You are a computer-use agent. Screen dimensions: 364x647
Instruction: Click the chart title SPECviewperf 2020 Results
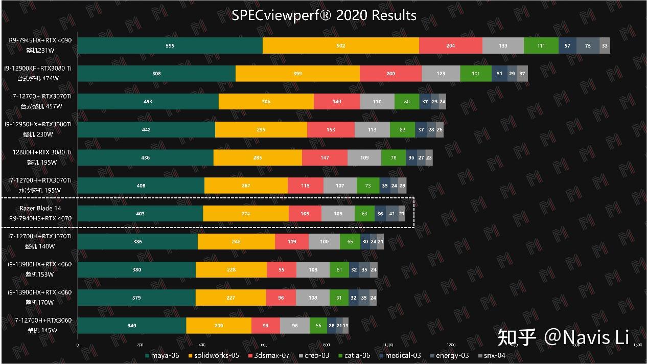pyautogui.click(x=324, y=15)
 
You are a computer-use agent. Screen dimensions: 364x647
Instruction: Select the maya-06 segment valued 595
pyautogui.click(x=170, y=45)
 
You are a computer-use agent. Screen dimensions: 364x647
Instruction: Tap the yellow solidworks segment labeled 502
pyautogui.click(x=340, y=45)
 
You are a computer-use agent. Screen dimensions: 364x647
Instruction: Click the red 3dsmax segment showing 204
pyautogui.click(x=450, y=45)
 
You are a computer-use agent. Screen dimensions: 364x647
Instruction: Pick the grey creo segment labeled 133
pyautogui.click(x=503, y=45)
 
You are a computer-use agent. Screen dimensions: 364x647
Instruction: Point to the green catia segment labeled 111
pyautogui.click(x=541, y=45)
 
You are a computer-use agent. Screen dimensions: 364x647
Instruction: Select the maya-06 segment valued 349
pyautogui.click(x=131, y=325)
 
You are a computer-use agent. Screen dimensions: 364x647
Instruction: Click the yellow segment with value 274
pyautogui.click(x=245, y=214)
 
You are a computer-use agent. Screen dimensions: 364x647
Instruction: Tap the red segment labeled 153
pyautogui.click(x=331, y=129)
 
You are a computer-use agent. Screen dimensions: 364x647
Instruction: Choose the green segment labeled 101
pyautogui.click(x=475, y=74)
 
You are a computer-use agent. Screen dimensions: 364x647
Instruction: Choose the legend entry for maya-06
pyautogui.click(x=163, y=355)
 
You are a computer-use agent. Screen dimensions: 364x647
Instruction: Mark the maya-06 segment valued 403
pyautogui.click(x=140, y=214)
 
